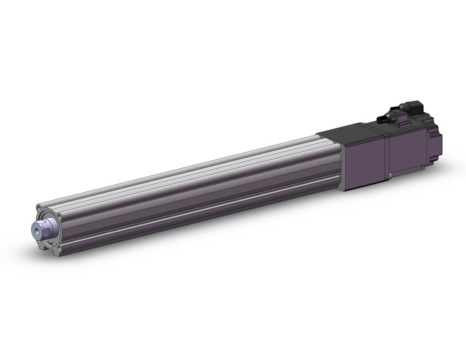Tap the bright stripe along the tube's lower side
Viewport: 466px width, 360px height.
(x=202, y=203)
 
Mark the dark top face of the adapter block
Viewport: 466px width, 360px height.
(x=349, y=130)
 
